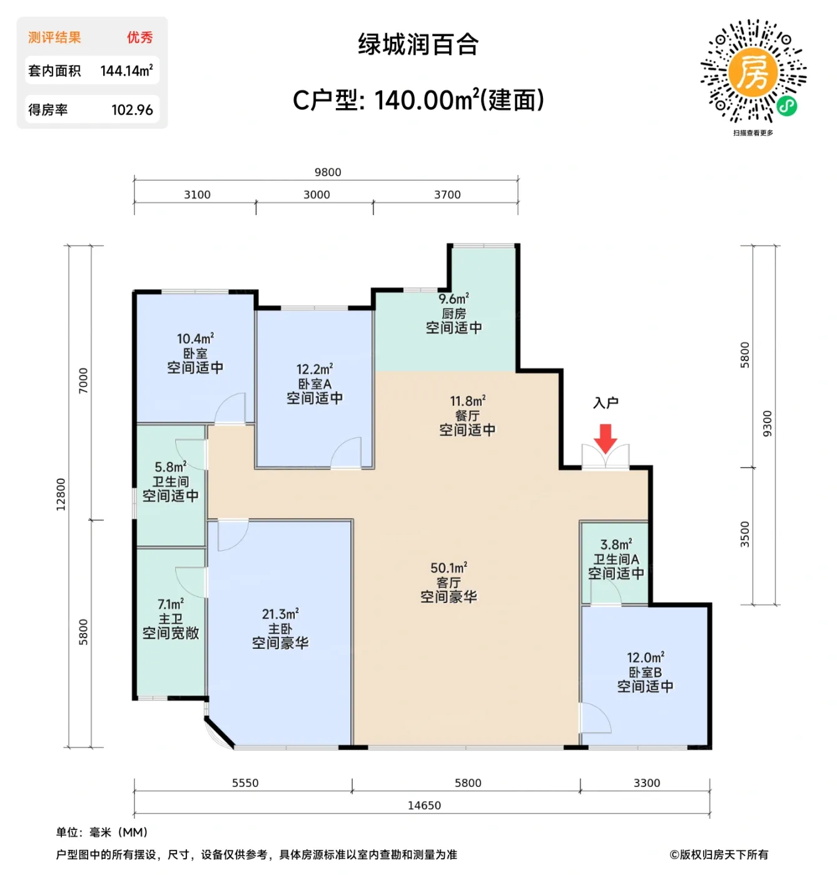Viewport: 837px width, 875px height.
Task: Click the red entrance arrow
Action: coord(605,437)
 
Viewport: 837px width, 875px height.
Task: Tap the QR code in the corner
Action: coord(753,71)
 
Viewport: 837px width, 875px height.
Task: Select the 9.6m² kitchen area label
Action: coord(454,299)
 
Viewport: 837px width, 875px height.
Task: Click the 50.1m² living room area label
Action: coord(449,568)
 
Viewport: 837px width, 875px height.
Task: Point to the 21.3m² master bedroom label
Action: coord(280,614)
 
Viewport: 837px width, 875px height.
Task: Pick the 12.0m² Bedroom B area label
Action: coord(646,658)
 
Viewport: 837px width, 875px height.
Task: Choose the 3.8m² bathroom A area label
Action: coord(616,545)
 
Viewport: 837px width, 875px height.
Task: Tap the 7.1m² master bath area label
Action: coord(170,604)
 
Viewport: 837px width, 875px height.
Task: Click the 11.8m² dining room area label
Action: coord(467,401)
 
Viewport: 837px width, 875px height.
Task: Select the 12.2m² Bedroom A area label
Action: coord(315,369)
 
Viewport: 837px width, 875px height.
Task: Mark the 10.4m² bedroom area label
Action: coord(195,339)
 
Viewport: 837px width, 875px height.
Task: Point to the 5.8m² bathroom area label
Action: coord(170,467)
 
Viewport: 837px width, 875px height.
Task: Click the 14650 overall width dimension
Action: coord(424,806)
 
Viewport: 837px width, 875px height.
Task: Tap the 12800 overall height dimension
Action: coord(61,494)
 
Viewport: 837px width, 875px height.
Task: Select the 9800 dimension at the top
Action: coord(328,172)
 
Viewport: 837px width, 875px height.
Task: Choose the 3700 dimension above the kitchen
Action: coord(447,195)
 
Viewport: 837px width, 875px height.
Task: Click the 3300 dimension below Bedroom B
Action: coord(647,783)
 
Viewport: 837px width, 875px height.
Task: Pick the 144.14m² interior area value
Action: coord(126,71)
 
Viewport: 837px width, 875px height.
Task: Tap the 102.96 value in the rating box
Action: coord(132,110)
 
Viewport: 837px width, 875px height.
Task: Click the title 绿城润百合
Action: coord(418,45)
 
